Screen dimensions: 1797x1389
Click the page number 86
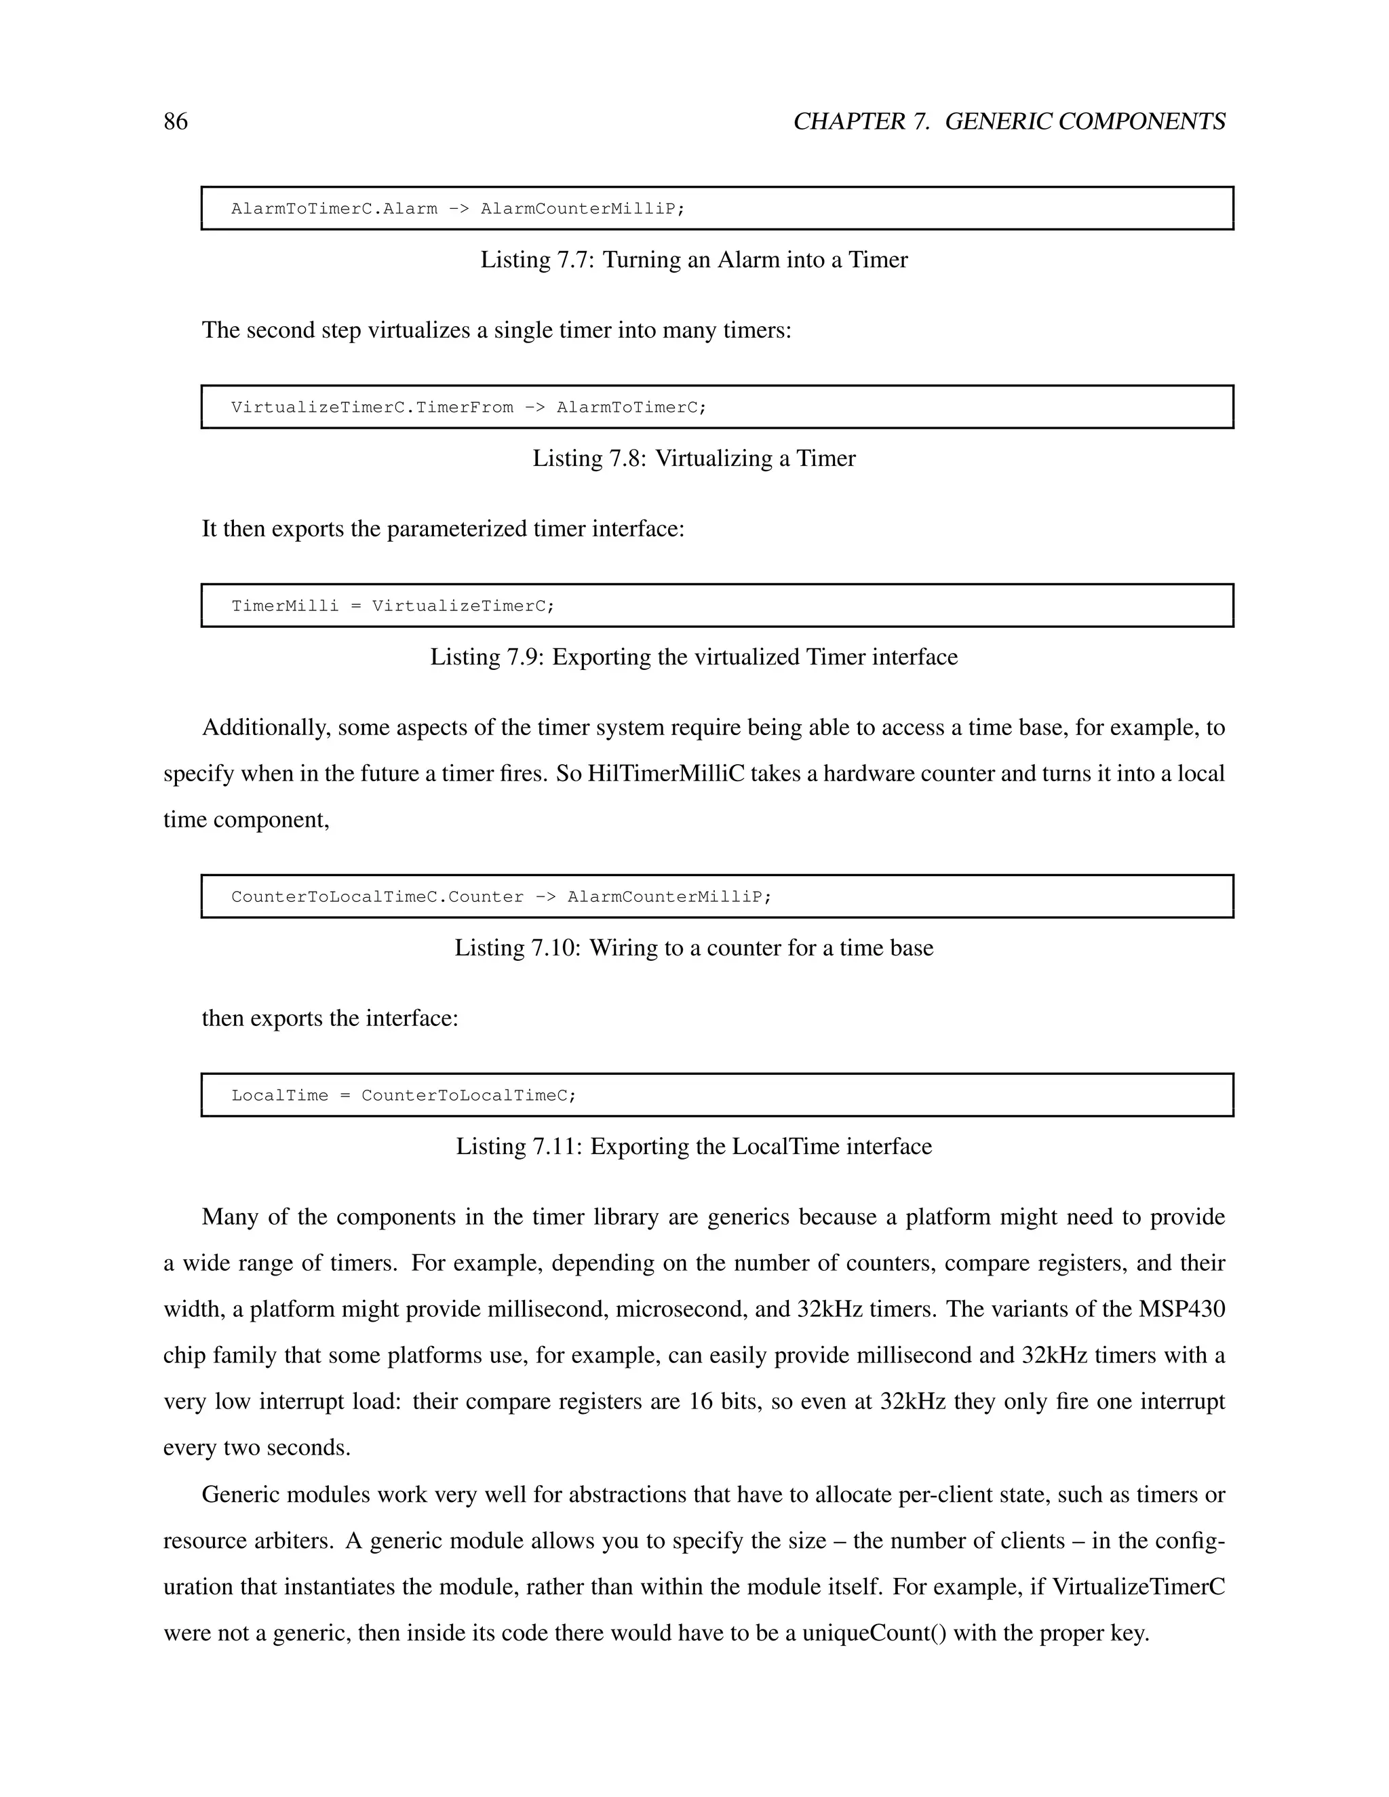coord(175,122)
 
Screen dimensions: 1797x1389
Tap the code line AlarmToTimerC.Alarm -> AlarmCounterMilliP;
coord(458,209)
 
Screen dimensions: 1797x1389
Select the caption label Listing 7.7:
coord(537,260)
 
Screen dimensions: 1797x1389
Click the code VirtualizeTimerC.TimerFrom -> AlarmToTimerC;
coord(468,408)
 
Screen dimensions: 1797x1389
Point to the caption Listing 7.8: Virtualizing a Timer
coord(694,458)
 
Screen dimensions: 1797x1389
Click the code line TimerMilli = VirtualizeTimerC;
coord(393,606)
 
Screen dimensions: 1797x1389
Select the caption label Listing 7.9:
coord(487,657)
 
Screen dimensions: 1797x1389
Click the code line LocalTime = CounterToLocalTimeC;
coord(404,1096)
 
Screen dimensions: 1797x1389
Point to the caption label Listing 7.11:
coord(520,1147)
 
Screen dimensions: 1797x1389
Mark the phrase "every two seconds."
coord(257,1447)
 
